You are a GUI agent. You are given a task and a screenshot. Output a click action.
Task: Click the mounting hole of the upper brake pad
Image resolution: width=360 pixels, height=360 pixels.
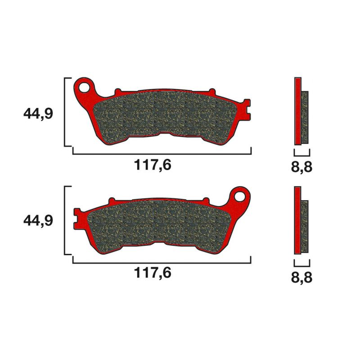click(84, 85)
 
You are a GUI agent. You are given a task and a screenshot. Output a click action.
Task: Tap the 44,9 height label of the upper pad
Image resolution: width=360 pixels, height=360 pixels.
click(38, 114)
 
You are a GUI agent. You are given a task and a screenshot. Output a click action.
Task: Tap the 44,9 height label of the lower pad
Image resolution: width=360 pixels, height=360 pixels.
click(38, 221)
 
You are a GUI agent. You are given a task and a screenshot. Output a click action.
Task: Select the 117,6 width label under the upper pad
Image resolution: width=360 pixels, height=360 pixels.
click(153, 166)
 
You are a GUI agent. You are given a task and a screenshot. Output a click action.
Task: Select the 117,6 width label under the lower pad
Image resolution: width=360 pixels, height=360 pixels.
click(153, 273)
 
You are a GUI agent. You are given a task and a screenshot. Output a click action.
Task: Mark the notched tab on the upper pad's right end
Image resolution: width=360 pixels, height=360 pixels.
click(246, 107)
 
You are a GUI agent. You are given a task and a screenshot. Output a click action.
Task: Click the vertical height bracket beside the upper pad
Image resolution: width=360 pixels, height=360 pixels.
click(66, 112)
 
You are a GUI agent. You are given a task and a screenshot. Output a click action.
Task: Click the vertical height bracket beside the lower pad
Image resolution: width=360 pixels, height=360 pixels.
click(66, 220)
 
